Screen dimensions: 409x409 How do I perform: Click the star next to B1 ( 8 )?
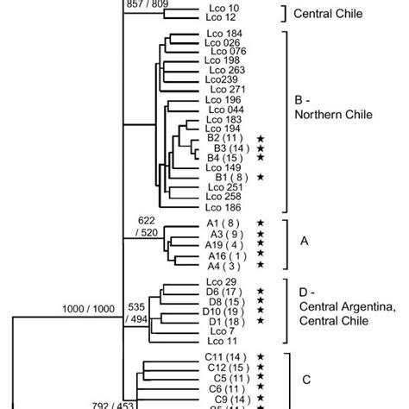pos(259,178)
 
